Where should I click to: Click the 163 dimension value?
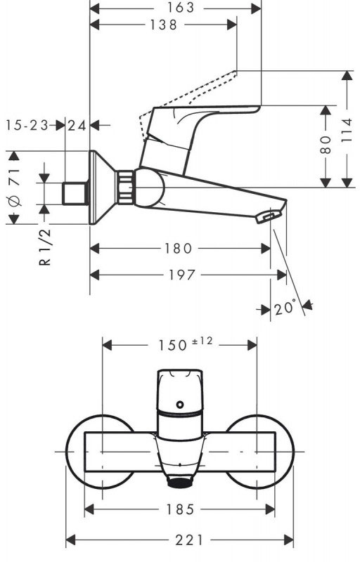click(180, 7)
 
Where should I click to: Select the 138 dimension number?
click(164, 25)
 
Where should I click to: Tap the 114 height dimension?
click(347, 131)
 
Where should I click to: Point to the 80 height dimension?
click(326, 145)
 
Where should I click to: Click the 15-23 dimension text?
click(27, 125)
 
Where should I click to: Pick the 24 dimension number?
click(77, 126)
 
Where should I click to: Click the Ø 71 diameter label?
click(15, 186)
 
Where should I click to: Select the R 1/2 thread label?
click(45, 247)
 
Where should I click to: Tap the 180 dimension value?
click(178, 248)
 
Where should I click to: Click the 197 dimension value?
click(182, 275)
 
